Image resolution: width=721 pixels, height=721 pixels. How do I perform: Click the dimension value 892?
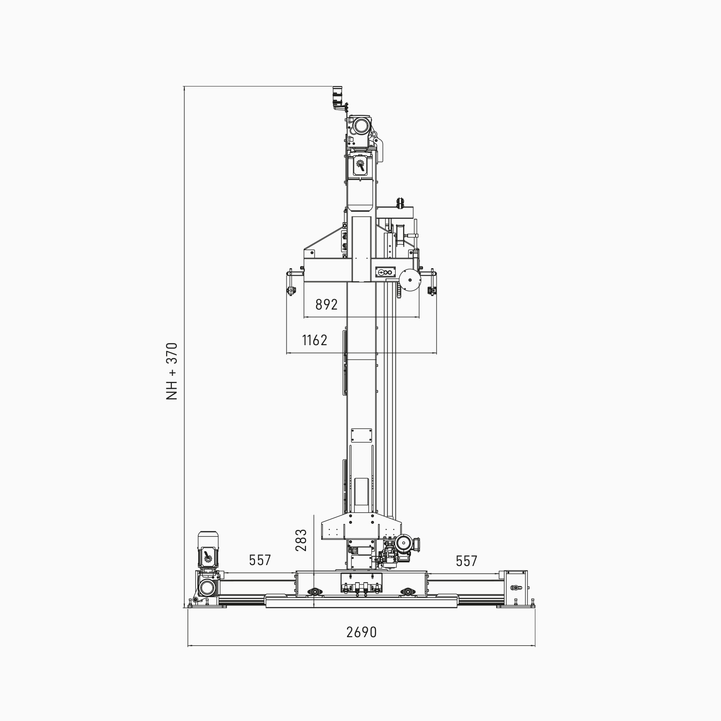(326, 305)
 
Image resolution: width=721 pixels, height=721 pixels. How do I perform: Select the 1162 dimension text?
(315, 340)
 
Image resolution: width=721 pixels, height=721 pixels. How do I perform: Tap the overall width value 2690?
(361, 632)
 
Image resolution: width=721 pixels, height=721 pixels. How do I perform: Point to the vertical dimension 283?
(301, 540)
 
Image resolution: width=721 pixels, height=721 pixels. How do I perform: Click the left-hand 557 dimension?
(260, 560)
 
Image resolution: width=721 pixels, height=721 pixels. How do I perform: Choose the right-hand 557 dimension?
(466, 561)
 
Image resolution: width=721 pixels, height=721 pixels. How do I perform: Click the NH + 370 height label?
(172, 371)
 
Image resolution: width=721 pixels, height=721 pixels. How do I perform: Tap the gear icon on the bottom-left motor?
(208, 557)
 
